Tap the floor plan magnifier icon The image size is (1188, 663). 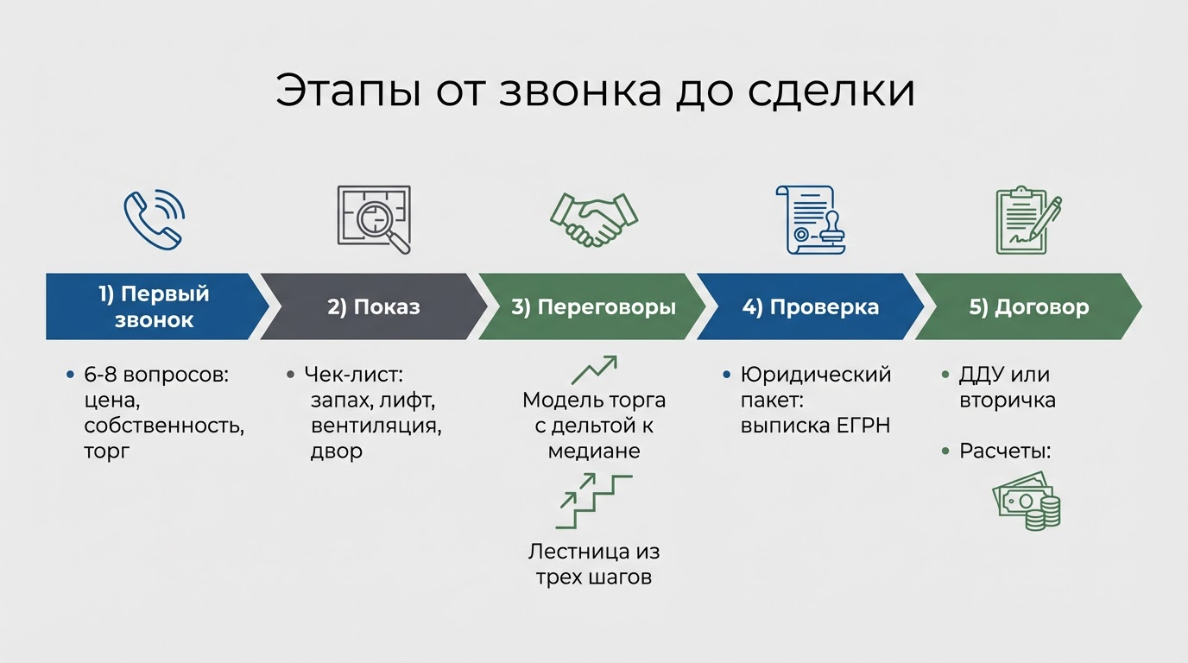(374, 219)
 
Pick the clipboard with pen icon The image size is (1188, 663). (1027, 219)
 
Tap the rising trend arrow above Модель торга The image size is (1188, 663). (594, 370)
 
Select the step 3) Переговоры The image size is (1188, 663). (594, 307)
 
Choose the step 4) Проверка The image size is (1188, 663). (812, 307)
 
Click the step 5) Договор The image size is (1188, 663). (1028, 307)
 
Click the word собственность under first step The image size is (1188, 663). (164, 426)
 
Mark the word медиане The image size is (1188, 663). (594, 451)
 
